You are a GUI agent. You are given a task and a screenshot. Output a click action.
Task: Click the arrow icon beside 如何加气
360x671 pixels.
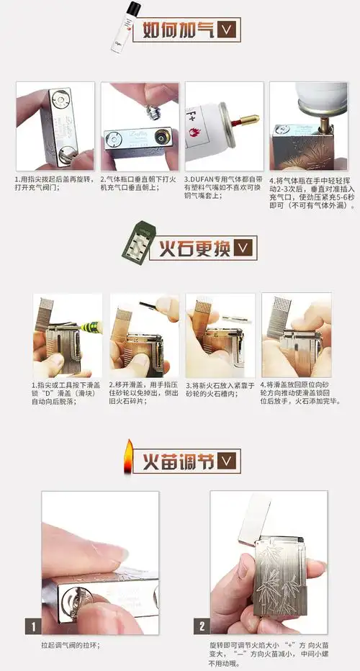click(x=228, y=30)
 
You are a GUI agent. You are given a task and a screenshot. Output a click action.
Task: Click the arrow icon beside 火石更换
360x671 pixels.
click(x=244, y=248)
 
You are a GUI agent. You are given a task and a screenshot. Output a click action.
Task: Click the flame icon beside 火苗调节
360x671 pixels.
click(x=128, y=456)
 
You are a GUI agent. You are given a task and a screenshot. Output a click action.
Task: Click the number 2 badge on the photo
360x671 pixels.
click(x=202, y=626)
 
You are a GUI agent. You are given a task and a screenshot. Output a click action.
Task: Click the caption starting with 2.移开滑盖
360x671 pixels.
click(x=139, y=392)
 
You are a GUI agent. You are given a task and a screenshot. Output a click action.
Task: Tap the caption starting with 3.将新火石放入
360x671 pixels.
click(x=215, y=389)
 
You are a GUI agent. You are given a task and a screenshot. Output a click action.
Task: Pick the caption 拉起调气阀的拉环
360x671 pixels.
click(x=70, y=645)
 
